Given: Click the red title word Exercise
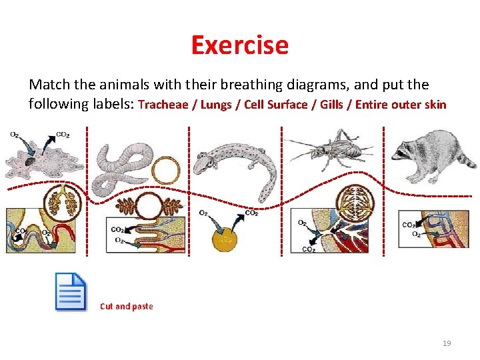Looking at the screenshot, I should coord(239,45).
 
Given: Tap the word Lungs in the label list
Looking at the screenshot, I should coord(216,105).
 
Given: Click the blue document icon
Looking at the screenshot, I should coord(71,292).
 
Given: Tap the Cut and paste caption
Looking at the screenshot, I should coord(126,307).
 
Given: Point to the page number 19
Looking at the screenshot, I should coord(447,343).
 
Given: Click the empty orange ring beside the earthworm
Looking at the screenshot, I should coord(166,171).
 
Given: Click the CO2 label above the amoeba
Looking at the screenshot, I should coord(63,135).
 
